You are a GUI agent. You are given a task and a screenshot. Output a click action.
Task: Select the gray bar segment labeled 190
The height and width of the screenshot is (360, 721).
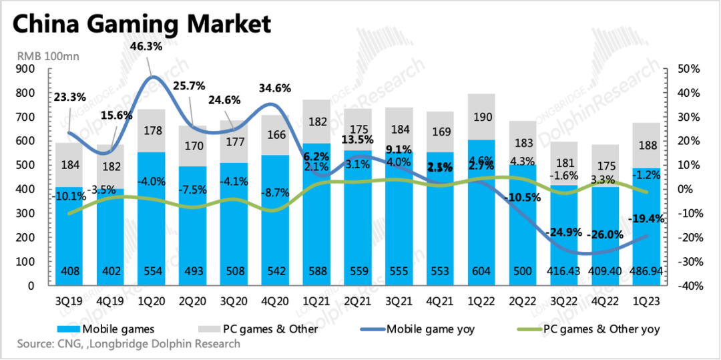[x=481, y=118]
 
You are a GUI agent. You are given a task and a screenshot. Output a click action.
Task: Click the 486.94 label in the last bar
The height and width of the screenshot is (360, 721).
[x=646, y=272]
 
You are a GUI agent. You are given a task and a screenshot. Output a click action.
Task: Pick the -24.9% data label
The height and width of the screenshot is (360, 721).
[x=563, y=232]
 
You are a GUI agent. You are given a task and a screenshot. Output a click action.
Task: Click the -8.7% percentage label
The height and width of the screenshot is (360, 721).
[x=274, y=192]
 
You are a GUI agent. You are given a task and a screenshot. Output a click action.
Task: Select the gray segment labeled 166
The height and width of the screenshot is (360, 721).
[x=274, y=135]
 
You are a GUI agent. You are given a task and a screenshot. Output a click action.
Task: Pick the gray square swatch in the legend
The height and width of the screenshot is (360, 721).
[x=210, y=329]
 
